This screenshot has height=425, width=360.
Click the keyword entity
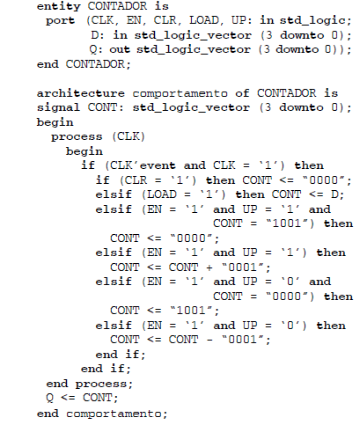59,6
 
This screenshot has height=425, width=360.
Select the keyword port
60,21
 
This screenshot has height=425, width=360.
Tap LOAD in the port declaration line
204,20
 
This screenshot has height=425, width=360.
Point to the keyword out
120,49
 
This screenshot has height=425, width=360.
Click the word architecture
81,93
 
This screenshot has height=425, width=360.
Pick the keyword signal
58,108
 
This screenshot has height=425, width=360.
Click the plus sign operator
209,267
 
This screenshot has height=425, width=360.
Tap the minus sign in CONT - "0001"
209,340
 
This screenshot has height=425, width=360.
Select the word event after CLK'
158,165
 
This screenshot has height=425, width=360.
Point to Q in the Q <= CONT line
49,399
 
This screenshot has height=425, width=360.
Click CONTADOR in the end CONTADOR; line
95,64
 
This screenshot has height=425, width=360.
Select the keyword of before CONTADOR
242,93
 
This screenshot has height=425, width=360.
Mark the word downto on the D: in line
302,35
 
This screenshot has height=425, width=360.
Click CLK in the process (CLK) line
129,136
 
